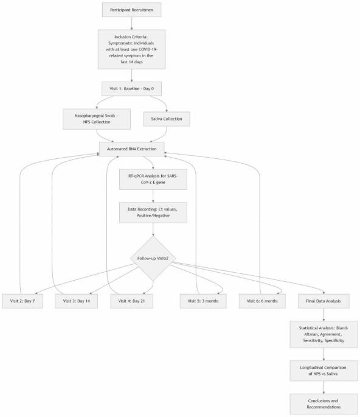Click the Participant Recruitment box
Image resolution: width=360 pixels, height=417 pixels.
131,11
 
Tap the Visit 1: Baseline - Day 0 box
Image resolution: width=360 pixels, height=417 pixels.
131,88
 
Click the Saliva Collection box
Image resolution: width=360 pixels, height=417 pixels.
165,118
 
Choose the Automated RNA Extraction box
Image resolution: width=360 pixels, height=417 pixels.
131,149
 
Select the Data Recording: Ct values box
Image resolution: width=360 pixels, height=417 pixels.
153,212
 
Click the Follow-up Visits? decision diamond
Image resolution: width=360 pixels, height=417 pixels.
153,259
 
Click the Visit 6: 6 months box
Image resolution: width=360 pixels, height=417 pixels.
262,301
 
